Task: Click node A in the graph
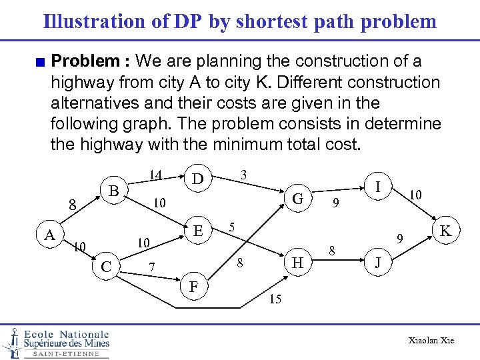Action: point(50,235)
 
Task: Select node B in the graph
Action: point(114,191)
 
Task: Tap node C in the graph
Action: point(105,267)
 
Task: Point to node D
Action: point(197,179)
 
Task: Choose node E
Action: point(197,231)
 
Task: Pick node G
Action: point(298,198)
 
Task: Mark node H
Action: point(298,264)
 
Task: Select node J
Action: point(378,263)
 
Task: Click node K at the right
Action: point(446,231)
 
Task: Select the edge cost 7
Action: point(152,267)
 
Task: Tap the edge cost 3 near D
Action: point(244,175)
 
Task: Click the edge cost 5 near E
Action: point(231,226)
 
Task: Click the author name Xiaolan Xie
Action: point(431,341)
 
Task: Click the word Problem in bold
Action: point(85,62)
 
